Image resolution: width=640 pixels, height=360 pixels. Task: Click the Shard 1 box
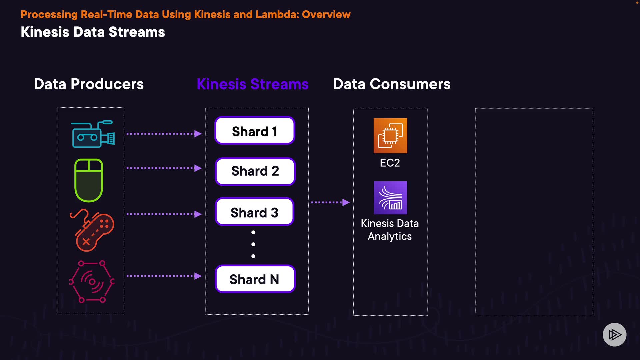(255, 130)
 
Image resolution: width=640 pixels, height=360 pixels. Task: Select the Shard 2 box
(255, 171)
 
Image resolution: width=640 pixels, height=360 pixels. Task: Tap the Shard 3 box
(255, 212)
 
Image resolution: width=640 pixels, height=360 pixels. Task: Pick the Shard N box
(255, 279)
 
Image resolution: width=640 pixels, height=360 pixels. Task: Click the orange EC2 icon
(390, 136)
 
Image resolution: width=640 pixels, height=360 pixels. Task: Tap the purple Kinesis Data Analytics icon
(390, 198)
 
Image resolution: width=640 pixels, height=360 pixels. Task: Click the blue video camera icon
(93, 134)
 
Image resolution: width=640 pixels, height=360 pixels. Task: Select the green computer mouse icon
(89, 180)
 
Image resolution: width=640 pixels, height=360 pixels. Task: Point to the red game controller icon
(92, 230)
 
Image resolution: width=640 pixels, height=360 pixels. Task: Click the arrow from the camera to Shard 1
(164, 134)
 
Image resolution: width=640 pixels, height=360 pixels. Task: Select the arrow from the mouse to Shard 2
(164, 168)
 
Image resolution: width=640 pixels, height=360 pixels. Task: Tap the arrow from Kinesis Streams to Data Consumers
(330, 202)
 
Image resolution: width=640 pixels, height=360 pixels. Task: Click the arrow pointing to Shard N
(164, 276)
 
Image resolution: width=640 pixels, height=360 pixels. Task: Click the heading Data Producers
(89, 84)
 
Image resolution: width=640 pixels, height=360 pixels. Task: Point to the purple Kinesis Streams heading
(253, 84)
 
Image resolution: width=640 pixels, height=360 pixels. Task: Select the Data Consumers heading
(392, 84)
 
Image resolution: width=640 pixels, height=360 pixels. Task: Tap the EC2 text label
(390, 163)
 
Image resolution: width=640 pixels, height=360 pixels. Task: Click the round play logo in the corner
(615, 335)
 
